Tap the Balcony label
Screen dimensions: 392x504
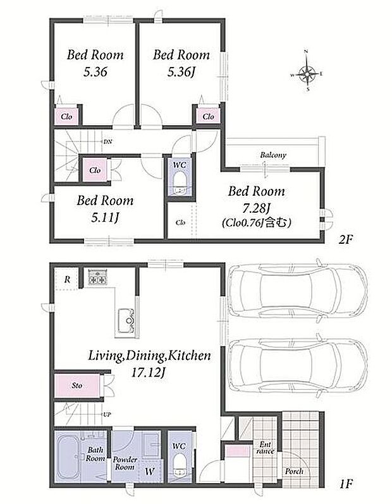(x=273, y=155)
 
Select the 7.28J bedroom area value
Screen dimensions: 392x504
(x=256, y=208)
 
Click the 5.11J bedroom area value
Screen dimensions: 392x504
(x=105, y=218)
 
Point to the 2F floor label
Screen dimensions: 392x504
(x=346, y=239)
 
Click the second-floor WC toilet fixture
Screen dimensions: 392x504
(x=180, y=184)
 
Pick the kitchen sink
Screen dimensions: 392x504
(x=126, y=320)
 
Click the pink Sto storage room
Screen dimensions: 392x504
(x=77, y=385)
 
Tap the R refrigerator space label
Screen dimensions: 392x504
(x=67, y=279)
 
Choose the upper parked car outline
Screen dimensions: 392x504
(x=297, y=291)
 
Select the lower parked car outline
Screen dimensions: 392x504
(x=297, y=366)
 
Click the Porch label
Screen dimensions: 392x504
(x=294, y=471)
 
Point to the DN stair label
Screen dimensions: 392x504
(x=108, y=141)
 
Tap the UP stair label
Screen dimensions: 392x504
(x=107, y=415)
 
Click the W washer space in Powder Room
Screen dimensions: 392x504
(x=150, y=472)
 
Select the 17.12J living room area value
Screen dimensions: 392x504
(x=149, y=373)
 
